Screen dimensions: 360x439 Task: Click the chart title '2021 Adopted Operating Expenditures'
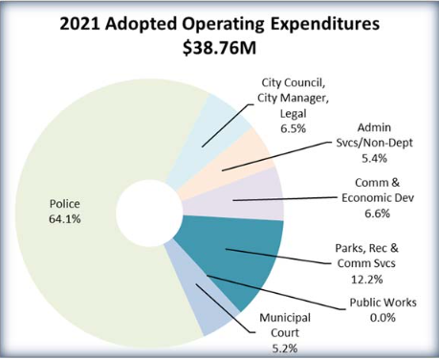(219, 22)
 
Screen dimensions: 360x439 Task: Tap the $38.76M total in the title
(219, 46)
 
